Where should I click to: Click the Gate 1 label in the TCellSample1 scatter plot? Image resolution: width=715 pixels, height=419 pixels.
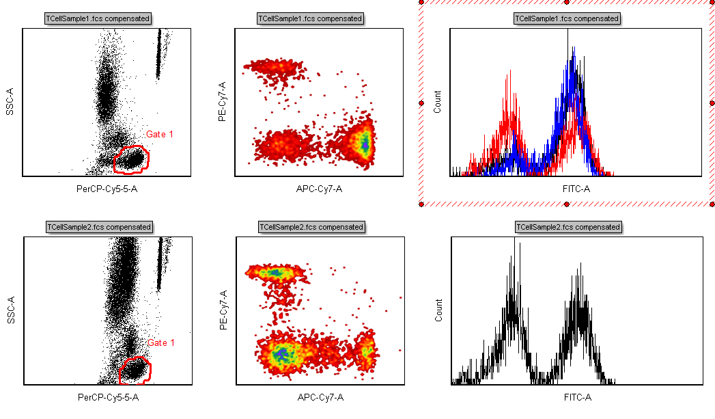pyautogui.click(x=160, y=135)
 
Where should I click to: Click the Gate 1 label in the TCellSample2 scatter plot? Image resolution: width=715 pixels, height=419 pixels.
pyautogui.click(x=161, y=343)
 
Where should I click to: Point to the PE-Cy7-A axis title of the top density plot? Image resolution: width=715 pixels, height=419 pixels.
pyautogui.click(x=221, y=102)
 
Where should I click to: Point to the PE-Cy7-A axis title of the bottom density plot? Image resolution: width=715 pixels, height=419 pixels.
pyautogui.click(x=223, y=310)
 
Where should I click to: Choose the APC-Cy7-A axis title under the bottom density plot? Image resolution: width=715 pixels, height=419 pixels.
pyautogui.click(x=320, y=397)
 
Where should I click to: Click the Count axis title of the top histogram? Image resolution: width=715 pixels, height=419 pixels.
pyautogui.click(x=437, y=102)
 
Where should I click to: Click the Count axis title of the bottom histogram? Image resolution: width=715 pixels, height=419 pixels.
pyautogui.click(x=438, y=310)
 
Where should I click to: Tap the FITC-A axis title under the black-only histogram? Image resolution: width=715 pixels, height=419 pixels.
pyautogui.click(x=578, y=397)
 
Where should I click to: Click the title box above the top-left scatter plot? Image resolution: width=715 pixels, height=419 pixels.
pyautogui.click(x=98, y=18)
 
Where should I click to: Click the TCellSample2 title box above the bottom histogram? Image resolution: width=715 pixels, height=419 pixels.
pyautogui.click(x=568, y=227)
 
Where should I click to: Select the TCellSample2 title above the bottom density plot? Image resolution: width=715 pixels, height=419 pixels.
pyautogui.click(x=311, y=227)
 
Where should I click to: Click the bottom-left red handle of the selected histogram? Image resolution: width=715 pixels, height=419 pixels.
pyautogui.click(x=422, y=204)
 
